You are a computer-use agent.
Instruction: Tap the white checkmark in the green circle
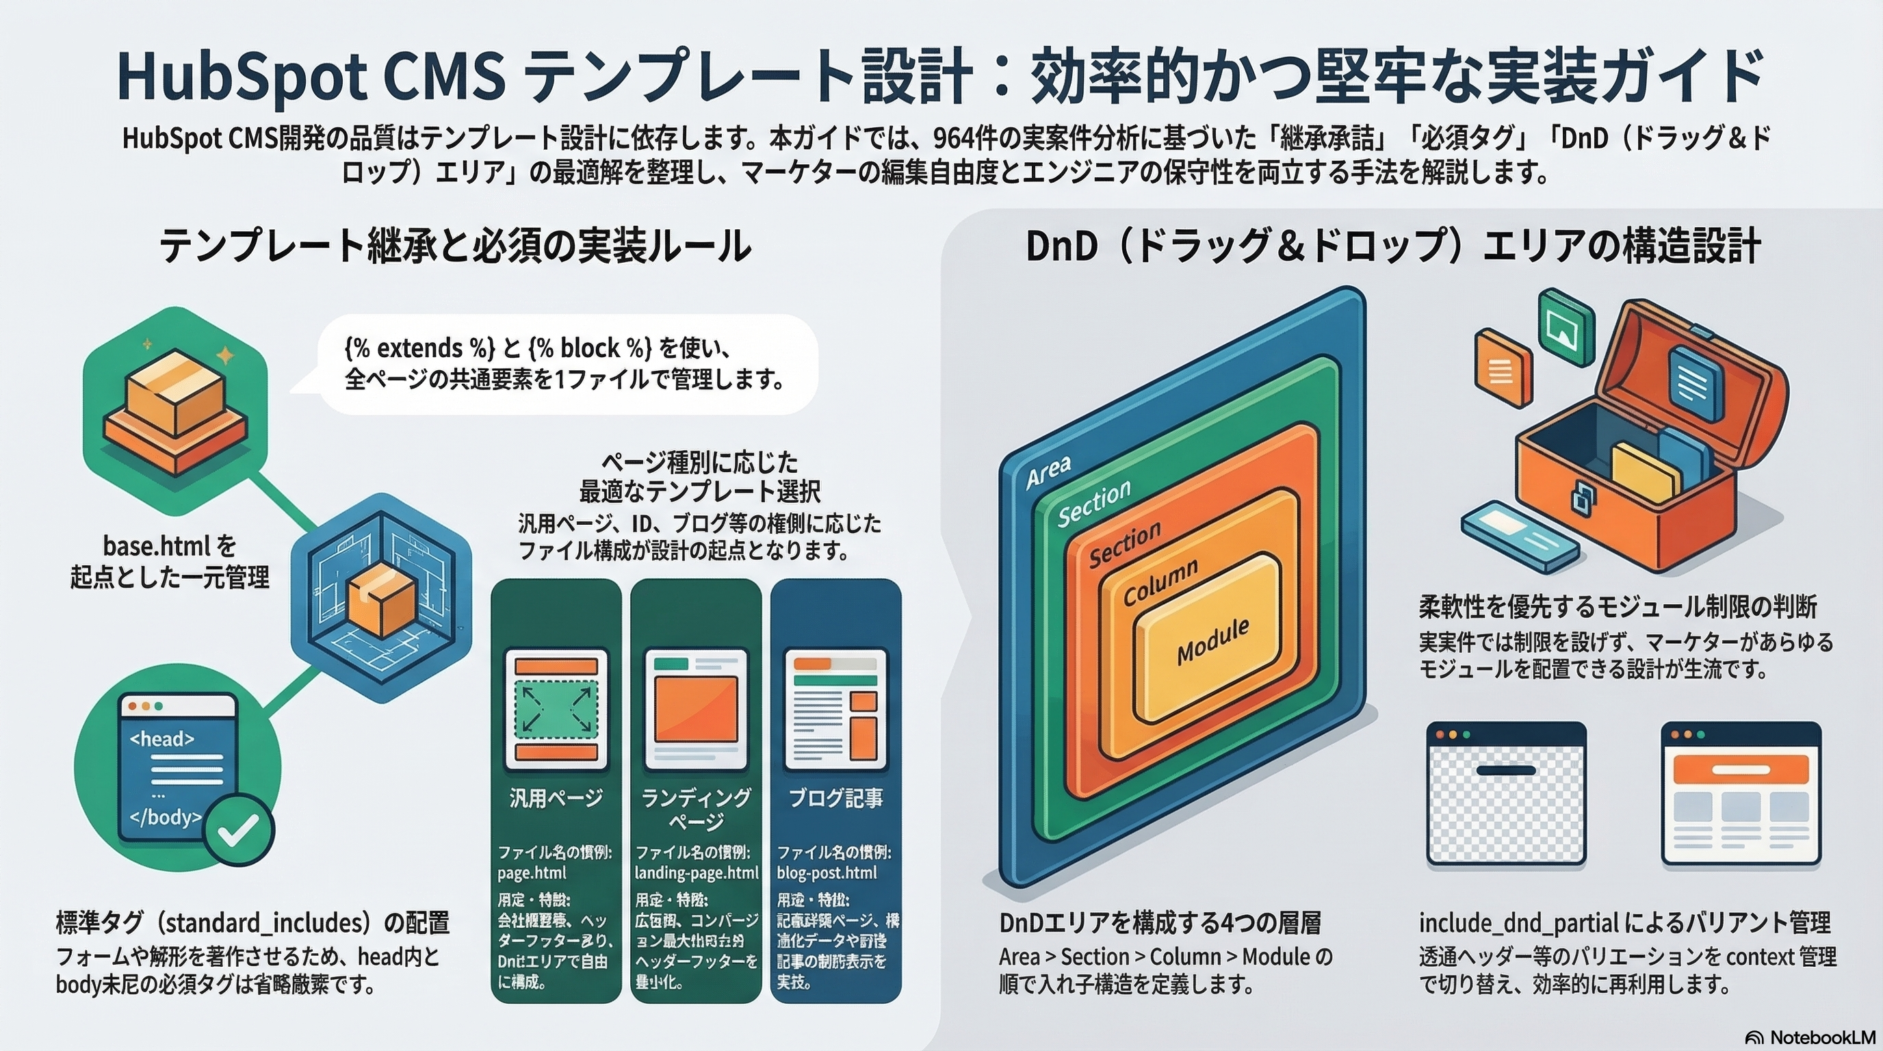[x=238, y=829]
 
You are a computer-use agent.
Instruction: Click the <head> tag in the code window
[x=161, y=739]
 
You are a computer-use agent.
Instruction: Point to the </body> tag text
[x=165, y=816]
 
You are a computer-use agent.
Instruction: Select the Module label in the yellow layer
[x=1212, y=640]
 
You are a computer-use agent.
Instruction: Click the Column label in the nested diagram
[x=1160, y=582]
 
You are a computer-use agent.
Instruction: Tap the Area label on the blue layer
[x=1048, y=471]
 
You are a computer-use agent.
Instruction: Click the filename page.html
[x=532, y=872]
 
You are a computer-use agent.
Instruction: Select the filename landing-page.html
[x=696, y=872]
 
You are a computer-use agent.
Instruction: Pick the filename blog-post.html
[x=827, y=872]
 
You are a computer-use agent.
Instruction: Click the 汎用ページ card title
[x=556, y=797]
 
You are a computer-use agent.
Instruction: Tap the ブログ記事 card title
[x=835, y=797]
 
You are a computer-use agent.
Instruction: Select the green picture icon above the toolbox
[x=1566, y=326]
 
